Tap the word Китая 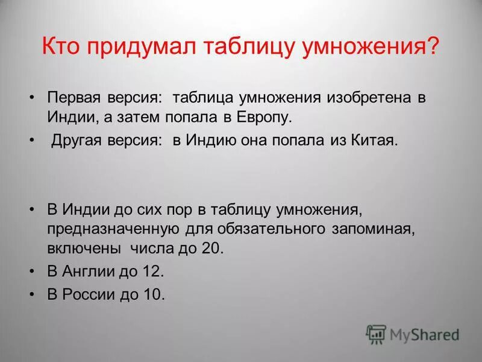[376, 141]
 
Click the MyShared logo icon [376, 334]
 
